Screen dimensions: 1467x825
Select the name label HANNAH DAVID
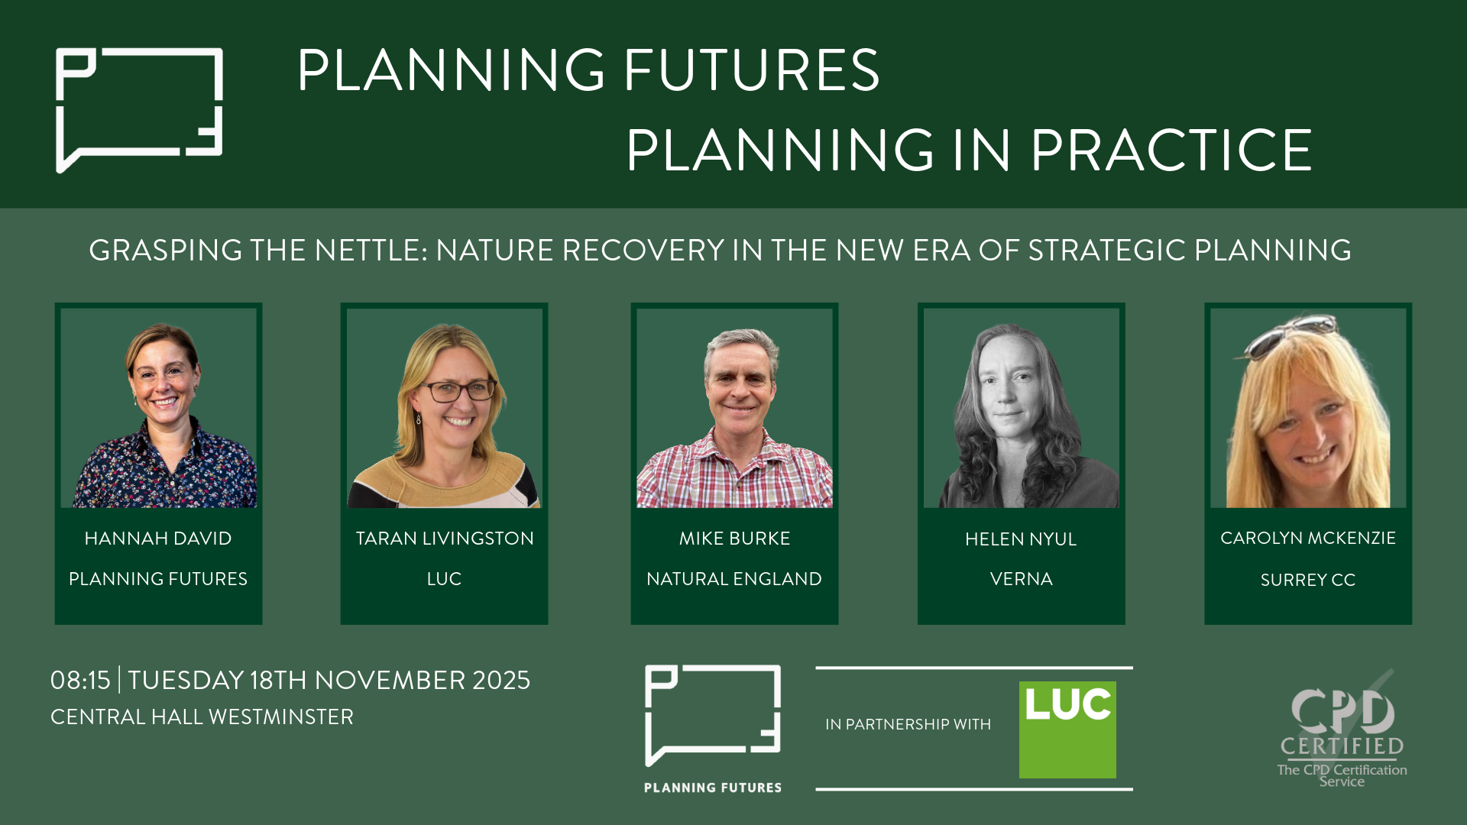(158, 539)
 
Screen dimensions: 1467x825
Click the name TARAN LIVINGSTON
(445, 539)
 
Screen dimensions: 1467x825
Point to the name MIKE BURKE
(734, 539)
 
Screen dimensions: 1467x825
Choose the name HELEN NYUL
(1021, 539)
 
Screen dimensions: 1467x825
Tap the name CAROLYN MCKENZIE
(1308, 538)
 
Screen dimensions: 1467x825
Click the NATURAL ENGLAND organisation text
(734, 579)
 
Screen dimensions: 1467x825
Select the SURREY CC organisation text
(1308, 580)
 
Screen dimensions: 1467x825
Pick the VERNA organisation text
(1022, 579)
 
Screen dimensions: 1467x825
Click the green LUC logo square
(1067, 730)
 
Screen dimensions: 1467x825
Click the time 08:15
(80, 680)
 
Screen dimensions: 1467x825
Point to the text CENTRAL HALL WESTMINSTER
(202, 717)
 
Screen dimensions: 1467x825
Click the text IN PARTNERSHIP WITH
(908, 724)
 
